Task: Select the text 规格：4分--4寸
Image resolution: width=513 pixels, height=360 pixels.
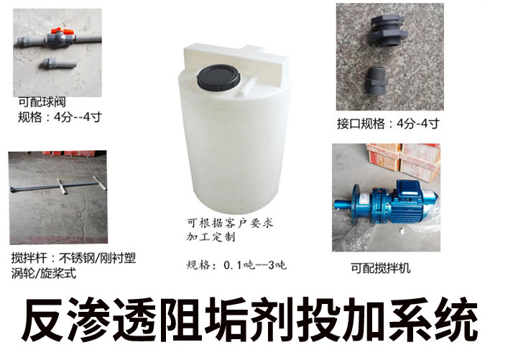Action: pyautogui.click(x=60, y=116)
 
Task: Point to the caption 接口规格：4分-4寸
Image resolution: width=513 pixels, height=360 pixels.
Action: pyautogui.click(x=388, y=123)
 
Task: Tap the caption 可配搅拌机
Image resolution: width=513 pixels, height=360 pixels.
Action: pyautogui.click(x=380, y=269)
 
